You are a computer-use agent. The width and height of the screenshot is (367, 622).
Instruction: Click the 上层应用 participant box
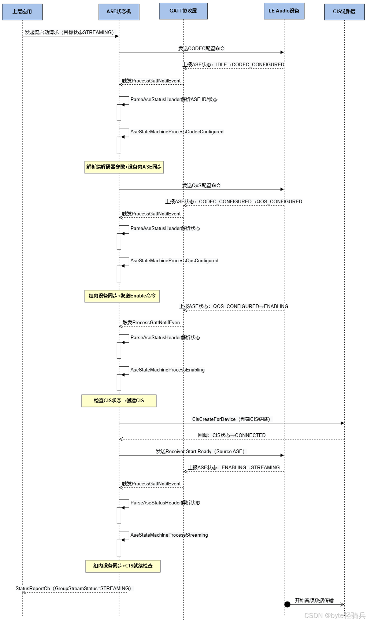click(x=22, y=12)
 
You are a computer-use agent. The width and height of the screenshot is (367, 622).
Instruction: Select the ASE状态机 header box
click(x=119, y=12)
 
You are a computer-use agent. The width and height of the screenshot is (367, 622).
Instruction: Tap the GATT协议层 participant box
click(x=183, y=11)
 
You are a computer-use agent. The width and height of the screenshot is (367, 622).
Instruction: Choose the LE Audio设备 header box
click(x=284, y=11)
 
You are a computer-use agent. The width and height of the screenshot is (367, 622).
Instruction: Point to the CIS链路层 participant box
click(x=344, y=12)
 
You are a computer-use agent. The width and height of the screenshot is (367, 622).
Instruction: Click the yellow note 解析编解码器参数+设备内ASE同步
click(x=124, y=167)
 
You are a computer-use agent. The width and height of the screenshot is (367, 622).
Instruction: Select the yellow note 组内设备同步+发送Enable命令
click(x=122, y=296)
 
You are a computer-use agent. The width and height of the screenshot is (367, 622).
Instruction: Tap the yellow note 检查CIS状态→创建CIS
click(x=119, y=401)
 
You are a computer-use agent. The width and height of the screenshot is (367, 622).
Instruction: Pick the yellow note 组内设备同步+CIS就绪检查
click(x=123, y=566)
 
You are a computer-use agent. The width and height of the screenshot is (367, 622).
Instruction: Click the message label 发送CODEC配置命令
click(x=201, y=48)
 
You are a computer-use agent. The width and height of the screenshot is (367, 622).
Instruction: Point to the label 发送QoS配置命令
click(x=201, y=185)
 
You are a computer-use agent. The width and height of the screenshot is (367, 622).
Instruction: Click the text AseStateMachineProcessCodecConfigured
click(x=177, y=132)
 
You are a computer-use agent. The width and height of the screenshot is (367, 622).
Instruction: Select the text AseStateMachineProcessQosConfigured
click(x=174, y=261)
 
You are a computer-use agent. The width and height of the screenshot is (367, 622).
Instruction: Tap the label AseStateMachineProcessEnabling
click(x=167, y=370)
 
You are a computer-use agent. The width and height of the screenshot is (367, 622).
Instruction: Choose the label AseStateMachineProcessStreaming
click(x=169, y=535)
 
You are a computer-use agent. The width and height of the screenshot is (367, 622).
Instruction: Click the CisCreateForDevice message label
click(x=231, y=419)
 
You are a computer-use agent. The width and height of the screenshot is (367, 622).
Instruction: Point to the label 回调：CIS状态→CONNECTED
click(x=231, y=436)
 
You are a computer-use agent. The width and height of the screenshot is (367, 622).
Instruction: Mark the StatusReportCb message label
click(x=73, y=589)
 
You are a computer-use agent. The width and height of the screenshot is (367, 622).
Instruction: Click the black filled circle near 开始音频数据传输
click(x=288, y=604)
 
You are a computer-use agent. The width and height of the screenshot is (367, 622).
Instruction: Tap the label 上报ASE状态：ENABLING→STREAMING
click(x=234, y=468)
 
